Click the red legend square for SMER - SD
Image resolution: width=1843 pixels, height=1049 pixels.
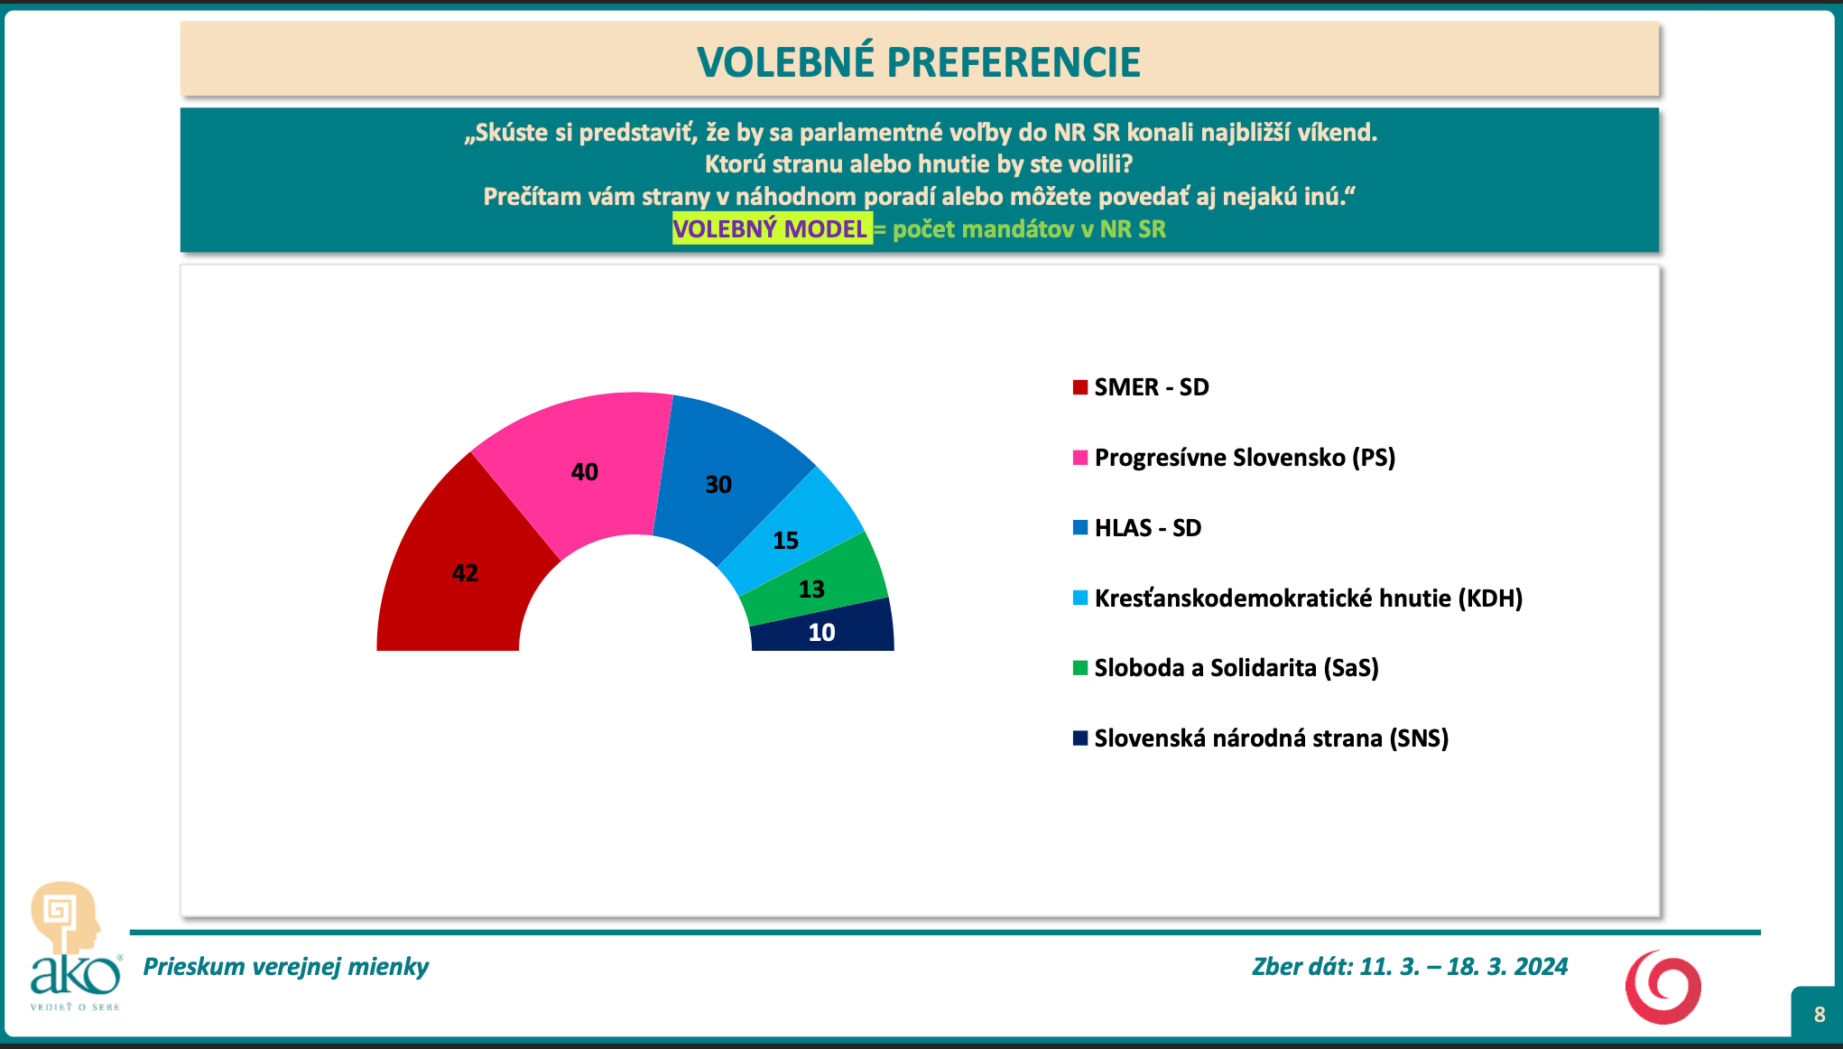coord(1080,387)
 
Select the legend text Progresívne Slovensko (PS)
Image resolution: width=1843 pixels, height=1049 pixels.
coord(1245,458)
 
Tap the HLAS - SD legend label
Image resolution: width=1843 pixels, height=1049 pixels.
coord(1148,528)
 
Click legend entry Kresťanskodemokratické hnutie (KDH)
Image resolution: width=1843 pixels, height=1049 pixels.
coord(1309,598)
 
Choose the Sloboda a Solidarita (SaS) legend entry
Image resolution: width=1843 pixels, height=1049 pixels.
coord(1236,668)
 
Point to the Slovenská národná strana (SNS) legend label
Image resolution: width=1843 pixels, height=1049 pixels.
coord(1272,738)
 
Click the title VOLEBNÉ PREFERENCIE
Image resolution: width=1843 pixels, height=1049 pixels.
coord(919,61)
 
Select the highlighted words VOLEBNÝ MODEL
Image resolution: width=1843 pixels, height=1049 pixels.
coord(770,228)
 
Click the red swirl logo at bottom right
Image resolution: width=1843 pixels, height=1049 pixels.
coord(1663,987)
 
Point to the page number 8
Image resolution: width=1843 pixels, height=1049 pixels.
coord(1820,1014)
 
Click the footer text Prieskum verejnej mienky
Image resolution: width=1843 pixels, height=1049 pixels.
coord(286,967)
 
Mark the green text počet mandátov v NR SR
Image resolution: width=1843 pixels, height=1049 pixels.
coord(1029,229)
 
